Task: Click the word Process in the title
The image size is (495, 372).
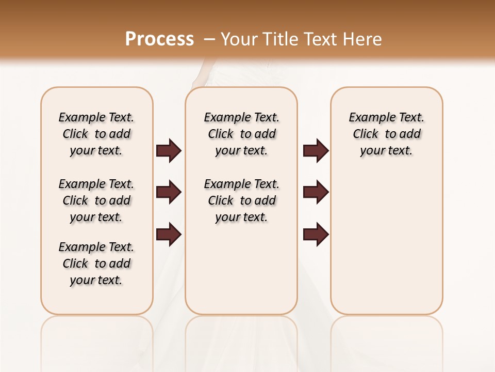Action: [x=159, y=39]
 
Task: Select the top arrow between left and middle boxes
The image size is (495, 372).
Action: [x=169, y=151]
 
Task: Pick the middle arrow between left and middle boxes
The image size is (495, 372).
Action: [x=169, y=192]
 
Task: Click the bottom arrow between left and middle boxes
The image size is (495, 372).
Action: [x=169, y=234]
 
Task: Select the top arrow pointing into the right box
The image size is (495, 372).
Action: [x=316, y=151]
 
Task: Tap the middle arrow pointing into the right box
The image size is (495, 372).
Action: [x=316, y=192]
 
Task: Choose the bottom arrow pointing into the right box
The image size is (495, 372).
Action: [x=316, y=234]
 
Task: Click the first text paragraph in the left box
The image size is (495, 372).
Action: [x=96, y=134]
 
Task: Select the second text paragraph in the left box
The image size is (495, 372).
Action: [x=96, y=200]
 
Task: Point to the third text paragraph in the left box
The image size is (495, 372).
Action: [x=96, y=263]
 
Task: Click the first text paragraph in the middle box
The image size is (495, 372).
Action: [x=241, y=134]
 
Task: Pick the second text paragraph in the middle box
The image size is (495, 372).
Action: [x=241, y=200]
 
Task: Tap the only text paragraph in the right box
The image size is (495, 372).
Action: [x=386, y=134]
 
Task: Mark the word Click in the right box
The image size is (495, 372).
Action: [x=366, y=134]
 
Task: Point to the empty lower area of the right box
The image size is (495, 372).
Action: [x=386, y=243]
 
